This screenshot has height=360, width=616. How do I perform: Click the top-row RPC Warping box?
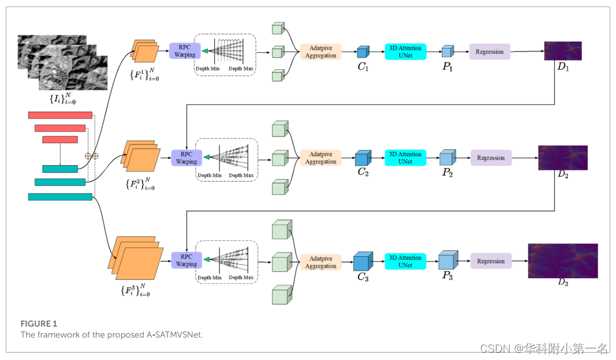point(185,51)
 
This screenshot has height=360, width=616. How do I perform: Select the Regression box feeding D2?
point(490,158)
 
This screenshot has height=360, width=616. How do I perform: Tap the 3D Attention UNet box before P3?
point(405,261)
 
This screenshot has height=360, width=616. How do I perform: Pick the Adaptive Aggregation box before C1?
point(321,52)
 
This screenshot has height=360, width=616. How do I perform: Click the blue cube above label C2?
point(363,158)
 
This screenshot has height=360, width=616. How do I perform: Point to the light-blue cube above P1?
point(448,51)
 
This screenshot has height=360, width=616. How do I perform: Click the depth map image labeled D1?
point(563,50)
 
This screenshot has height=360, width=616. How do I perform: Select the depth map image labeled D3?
point(563,260)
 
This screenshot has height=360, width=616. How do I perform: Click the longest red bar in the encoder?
point(59,115)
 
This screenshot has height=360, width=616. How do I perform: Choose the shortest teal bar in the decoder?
point(59,169)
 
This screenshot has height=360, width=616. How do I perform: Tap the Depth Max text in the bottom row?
point(241,277)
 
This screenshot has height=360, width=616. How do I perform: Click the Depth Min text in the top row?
point(207,69)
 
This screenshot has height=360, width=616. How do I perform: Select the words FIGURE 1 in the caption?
point(38,324)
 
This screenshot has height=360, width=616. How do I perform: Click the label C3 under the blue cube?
point(362,277)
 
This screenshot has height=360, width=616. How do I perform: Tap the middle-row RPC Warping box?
point(186,158)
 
